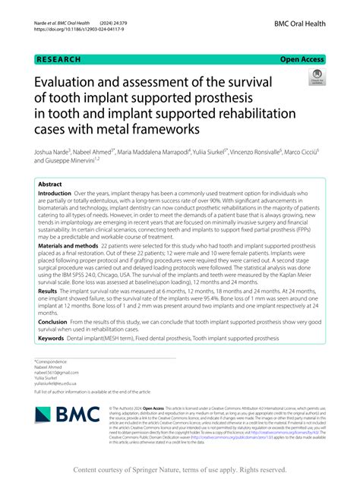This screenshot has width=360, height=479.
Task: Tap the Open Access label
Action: [304, 58]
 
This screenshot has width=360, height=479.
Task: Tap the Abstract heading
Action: [50, 184]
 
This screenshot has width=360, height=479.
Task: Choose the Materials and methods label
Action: [68, 246]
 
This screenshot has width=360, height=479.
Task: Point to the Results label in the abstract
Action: [48, 290]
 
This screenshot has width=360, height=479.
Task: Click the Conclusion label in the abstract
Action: [52, 320]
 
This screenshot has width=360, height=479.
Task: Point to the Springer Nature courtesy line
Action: [179, 468]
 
